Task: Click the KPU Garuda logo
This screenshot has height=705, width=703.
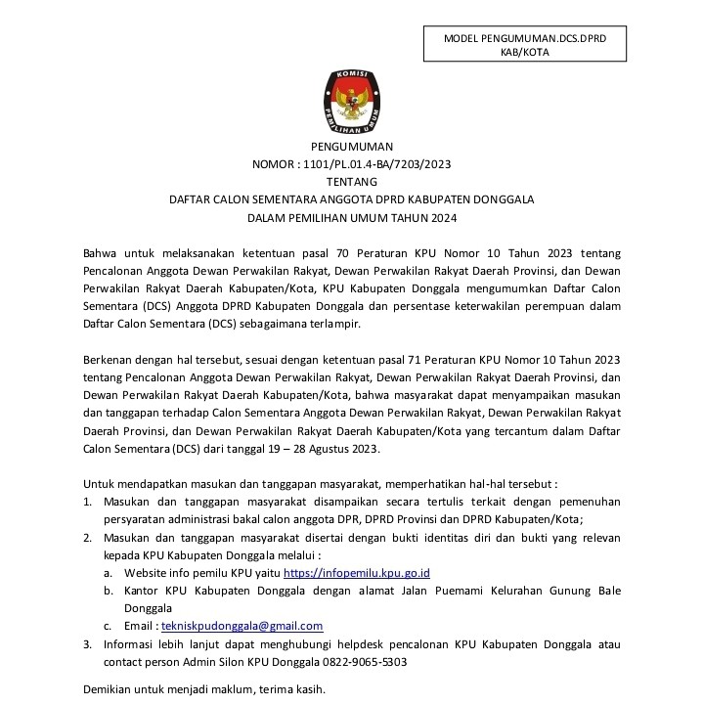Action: click(351, 104)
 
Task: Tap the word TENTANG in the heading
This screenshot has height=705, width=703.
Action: click(351, 181)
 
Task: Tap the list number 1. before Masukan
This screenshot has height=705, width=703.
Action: click(86, 502)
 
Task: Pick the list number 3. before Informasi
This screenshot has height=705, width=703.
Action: click(86, 644)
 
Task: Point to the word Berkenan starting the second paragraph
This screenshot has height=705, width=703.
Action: click(108, 360)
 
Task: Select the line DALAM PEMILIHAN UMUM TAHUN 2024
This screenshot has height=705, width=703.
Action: click(351, 217)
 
